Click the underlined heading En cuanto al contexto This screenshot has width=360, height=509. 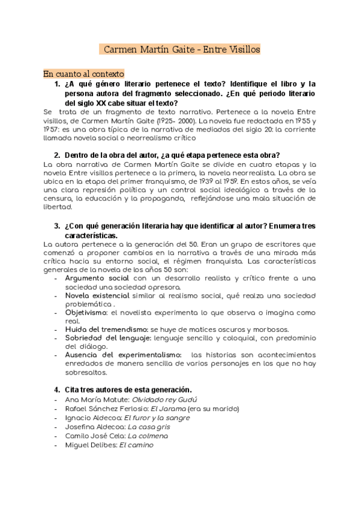point(83,73)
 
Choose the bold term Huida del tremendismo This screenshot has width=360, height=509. point(106,330)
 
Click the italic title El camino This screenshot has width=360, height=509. point(137,445)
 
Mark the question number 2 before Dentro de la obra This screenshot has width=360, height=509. point(57,155)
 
